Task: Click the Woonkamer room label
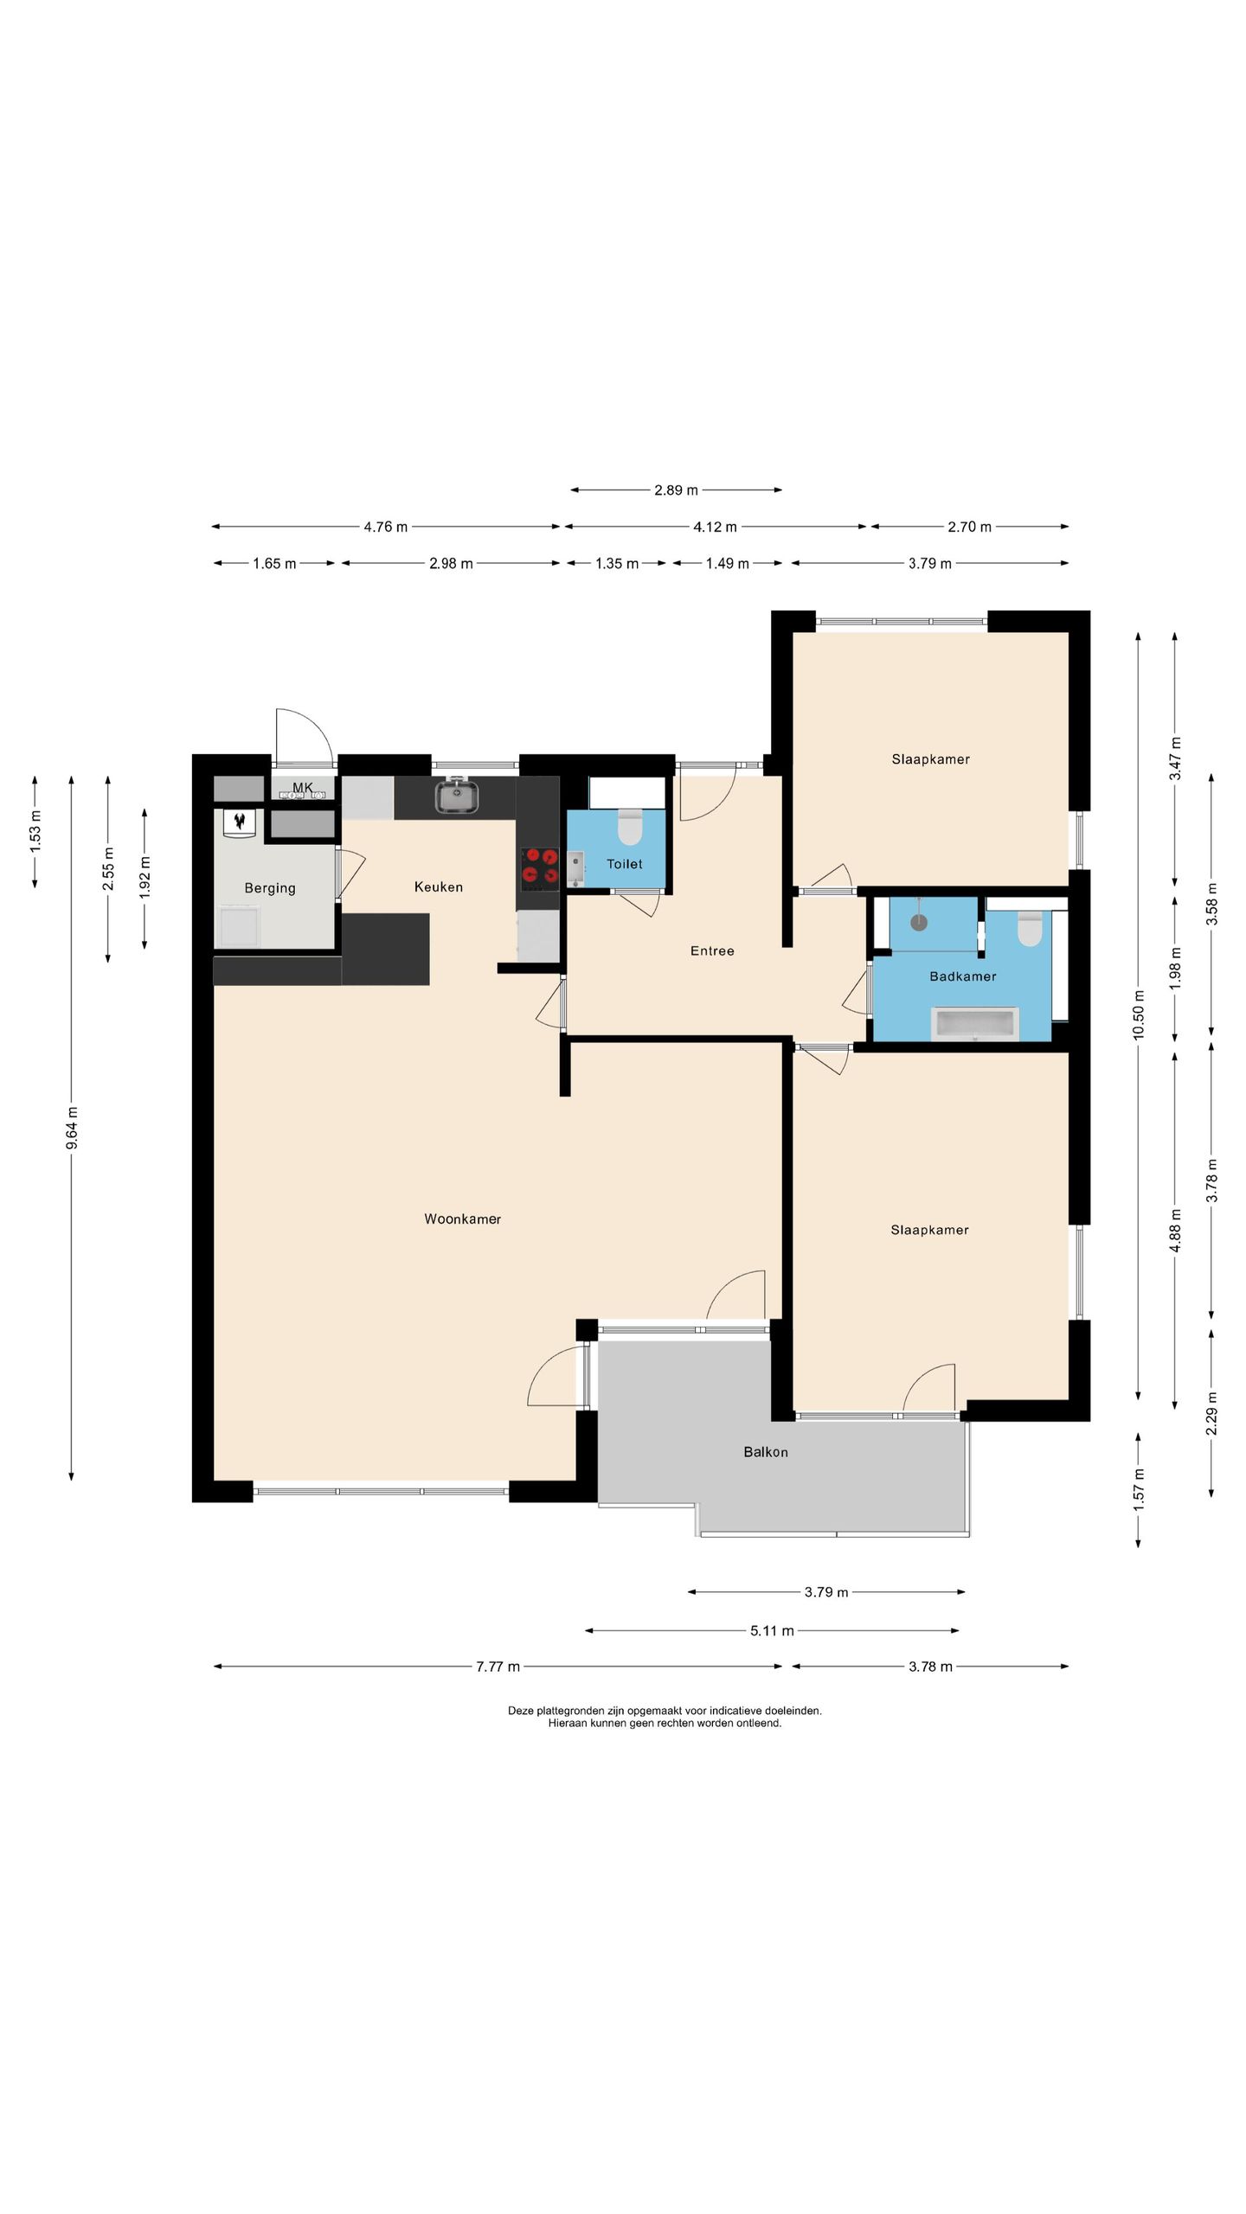point(462,1219)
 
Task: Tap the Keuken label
point(439,886)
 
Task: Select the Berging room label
point(270,888)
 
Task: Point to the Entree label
point(712,950)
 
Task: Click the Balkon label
point(766,1452)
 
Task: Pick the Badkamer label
point(963,976)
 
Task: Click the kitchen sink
point(458,796)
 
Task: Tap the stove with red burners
point(539,869)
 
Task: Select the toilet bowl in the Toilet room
point(630,828)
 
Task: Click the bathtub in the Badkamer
point(976,1024)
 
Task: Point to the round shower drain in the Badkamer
point(918,923)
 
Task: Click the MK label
point(302,787)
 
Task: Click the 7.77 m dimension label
point(498,1667)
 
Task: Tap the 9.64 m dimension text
point(72,1128)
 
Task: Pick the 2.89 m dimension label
point(676,490)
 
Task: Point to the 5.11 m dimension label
point(772,1631)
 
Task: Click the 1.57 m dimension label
point(1139,1485)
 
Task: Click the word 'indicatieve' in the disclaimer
point(734,1711)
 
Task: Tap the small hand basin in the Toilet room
point(575,869)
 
